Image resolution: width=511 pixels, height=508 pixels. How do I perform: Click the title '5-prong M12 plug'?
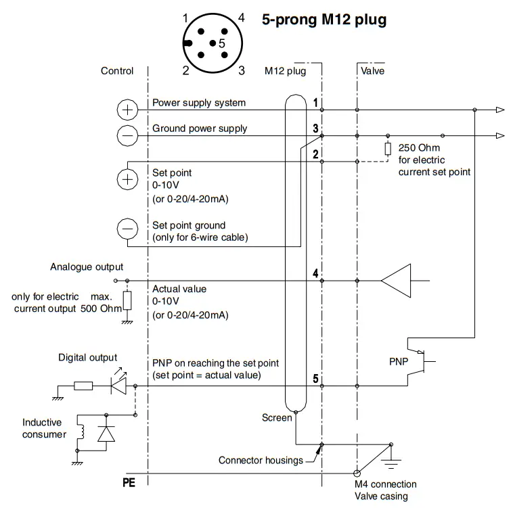[324, 20]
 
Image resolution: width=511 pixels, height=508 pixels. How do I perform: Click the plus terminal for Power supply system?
[127, 110]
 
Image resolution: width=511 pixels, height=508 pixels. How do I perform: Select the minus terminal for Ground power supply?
[127, 135]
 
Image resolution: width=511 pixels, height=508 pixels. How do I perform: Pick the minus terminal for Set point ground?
[127, 229]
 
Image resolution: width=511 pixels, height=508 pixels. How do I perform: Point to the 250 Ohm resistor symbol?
[388, 149]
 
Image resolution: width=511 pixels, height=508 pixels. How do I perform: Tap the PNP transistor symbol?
[423, 361]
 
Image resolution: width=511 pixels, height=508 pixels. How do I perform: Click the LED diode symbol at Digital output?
[119, 386]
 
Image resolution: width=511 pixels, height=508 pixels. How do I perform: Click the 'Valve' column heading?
[372, 70]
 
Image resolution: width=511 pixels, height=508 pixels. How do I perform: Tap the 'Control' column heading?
[116, 70]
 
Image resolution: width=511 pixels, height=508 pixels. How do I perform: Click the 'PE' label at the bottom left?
[129, 484]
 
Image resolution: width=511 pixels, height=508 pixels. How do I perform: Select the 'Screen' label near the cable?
[276, 418]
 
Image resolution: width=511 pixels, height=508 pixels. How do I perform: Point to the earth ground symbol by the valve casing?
[391, 461]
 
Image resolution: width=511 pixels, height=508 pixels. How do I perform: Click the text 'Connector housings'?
[261, 461]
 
